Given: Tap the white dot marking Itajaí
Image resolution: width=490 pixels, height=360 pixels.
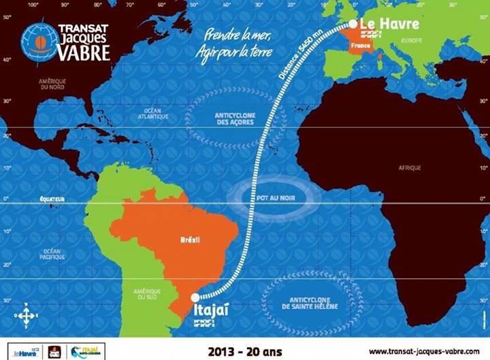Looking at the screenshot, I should (x=195, y=297).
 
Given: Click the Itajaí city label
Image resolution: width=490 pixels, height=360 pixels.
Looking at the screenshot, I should (x=208, y=312).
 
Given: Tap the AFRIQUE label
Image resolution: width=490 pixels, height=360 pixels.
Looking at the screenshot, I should (x=410, y=167).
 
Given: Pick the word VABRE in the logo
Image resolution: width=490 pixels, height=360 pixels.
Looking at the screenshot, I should (x=84, y=53).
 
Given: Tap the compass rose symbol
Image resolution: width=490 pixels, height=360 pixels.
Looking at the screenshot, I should (x=25, y=315).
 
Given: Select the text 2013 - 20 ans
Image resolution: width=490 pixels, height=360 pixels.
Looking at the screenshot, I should (x=238, y=352).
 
